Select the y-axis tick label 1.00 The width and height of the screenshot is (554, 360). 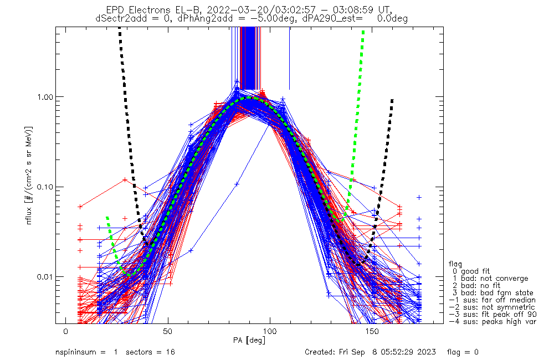point(43,96)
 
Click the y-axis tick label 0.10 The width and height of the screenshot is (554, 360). point(43,187)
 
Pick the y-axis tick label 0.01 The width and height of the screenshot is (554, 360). point(43,276)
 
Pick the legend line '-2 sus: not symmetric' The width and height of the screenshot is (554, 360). point(492,307)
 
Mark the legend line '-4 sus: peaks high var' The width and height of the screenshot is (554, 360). point(492,322)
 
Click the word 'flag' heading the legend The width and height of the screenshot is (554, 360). point(456,264)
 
